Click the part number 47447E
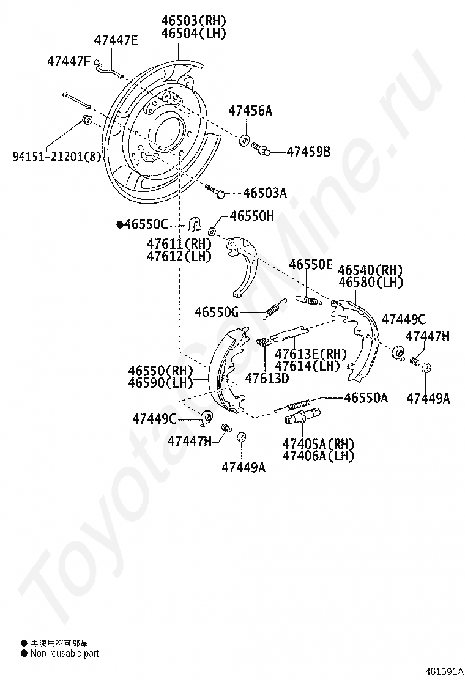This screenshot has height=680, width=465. pyautogui.click(x=116, y=40)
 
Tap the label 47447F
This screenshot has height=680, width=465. pyautogui.click(x=69, y=62)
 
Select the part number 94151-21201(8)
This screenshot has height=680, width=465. pyautogui.click(x=56, y=155)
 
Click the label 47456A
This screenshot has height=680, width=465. pyautogui.click(x=250, y=111)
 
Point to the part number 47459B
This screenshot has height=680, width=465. pyautogui.click(x=308, y=152)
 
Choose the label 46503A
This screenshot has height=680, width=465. pyautogui.click(x=264, y=193)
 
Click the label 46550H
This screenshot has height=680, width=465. pyautogui.click(x=251, y=215)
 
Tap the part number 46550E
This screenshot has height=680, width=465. pyautogui.click(x=311, y=264)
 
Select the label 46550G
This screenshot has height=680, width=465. pyautogui.click(x=217, y=311)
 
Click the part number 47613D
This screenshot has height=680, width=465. pyautogui.click(x=267, y=378)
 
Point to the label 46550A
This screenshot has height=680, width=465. pyautogui.click(x=366, y=397)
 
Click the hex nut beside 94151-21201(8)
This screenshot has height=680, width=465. pyautogui.click(x=87, y=119)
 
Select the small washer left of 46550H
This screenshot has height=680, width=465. pyautogui.click(x=212, y=231)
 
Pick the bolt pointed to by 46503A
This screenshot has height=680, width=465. pyautogui.click(x=214, y=191)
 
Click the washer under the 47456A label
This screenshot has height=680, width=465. pyautogui.click(x=245, y=140)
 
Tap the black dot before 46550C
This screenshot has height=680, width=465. pyautogui.click(x=119, y=224)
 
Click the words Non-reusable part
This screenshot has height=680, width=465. pyautogui.click(x=65, y=653)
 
